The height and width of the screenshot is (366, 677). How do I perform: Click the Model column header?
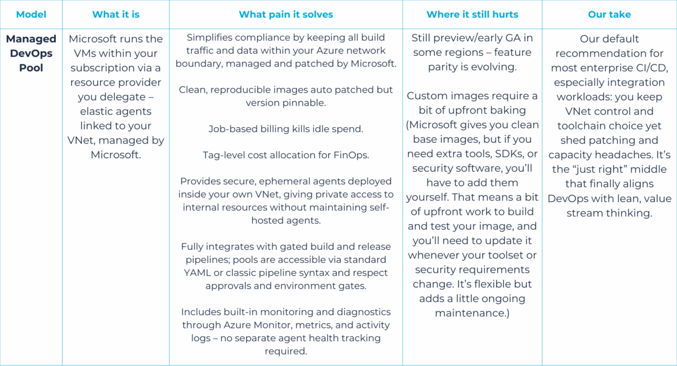pos(31,14)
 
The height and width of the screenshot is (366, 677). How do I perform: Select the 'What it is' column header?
pos(116,14)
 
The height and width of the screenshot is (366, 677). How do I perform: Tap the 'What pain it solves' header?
pos(286,15)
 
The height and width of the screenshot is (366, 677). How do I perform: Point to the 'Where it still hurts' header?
pos(472,14)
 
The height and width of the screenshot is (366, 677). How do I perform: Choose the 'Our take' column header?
pos(609,14)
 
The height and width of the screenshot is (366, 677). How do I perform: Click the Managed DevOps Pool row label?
pos(31,53)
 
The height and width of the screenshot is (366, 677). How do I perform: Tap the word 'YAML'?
pos(197,273)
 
